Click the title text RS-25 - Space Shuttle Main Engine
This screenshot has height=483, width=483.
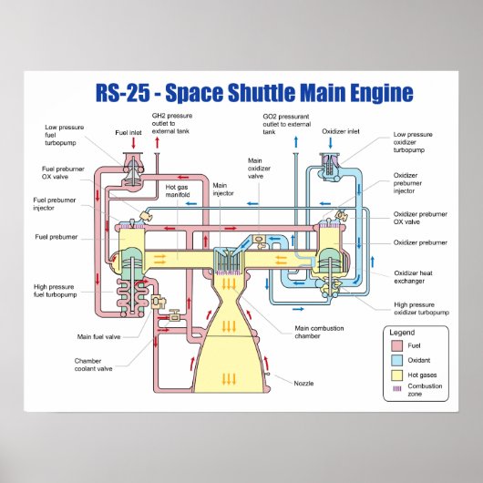(x=254, y=93)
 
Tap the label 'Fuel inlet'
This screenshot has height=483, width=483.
(x=128, y=133)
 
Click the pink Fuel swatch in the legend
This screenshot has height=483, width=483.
(x=396, y=346)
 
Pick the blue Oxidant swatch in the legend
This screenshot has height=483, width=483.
(x=396, y=361)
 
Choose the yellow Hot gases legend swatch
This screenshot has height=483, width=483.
(x=396, y=375)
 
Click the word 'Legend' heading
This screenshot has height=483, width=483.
(x=403, y=333)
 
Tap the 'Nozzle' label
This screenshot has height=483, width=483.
(x=303, y=383)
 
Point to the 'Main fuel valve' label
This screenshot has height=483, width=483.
(x=98, y=336)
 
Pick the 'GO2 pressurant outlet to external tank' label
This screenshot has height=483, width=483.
(x=286, y=124)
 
